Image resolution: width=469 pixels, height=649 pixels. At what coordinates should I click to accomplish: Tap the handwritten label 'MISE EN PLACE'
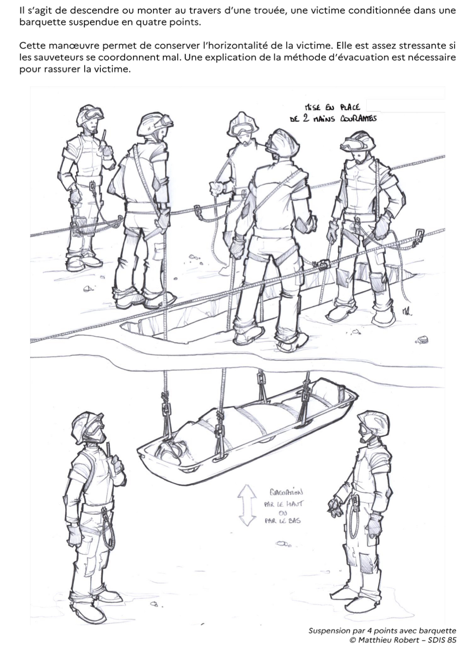coord(332,107)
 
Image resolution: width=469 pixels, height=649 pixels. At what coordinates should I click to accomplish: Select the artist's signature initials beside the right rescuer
coord(407,312)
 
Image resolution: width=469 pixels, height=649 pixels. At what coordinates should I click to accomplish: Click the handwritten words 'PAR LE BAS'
coord(282,521)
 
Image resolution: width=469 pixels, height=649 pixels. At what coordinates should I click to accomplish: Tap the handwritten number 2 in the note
coord(306,119)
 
